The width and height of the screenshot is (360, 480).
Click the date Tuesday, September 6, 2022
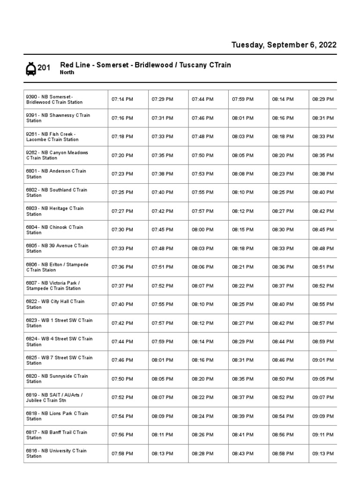pos(284,45)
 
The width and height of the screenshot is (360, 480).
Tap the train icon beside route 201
pos(30,69)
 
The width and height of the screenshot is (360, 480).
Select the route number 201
pos(44,68)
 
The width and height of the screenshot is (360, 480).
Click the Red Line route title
pos(145,65)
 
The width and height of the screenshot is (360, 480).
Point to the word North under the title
pos(67,73)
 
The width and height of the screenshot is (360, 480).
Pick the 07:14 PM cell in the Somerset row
pos(122,99)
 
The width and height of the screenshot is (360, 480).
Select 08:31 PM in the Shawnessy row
pos(323,118)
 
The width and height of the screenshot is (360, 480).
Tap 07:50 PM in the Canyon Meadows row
pos(202,155)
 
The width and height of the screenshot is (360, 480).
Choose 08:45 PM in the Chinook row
pos(323,230)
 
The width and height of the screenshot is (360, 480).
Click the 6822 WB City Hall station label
pos(55,304)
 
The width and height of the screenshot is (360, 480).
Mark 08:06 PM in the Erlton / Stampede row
pos(202,267)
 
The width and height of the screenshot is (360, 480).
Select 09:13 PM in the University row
pos(323,453)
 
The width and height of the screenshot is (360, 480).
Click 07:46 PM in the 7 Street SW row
pos(122,360)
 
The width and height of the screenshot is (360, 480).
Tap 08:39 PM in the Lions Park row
pos(242,416)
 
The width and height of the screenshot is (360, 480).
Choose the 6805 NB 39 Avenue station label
pos(57,248)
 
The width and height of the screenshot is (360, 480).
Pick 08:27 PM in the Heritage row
pos(283,211)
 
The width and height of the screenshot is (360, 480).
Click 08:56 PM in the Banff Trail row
pos(283,435)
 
